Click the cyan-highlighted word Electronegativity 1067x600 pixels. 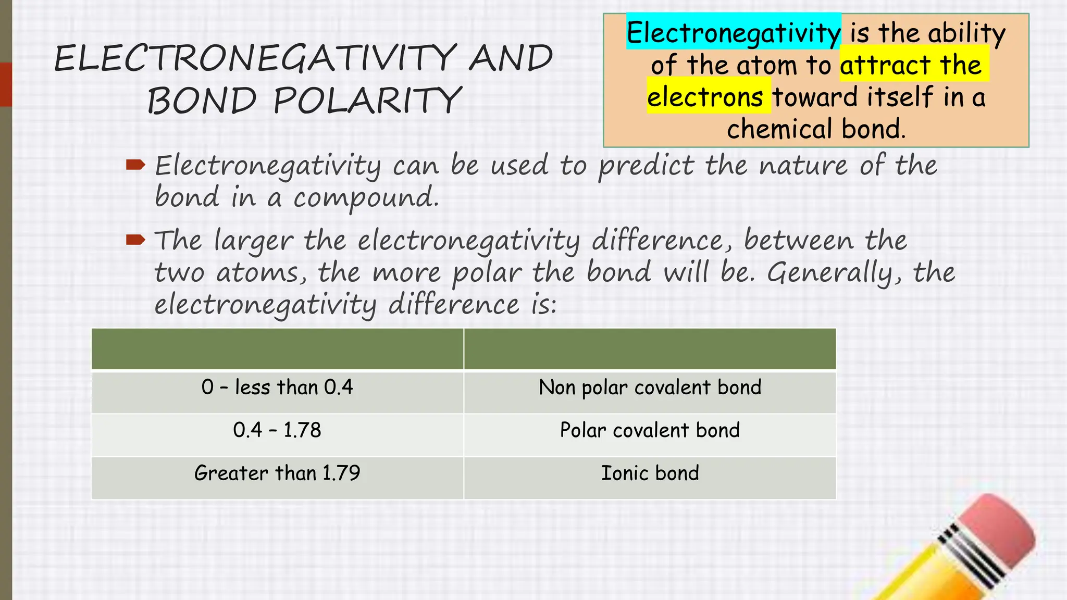point(733,33)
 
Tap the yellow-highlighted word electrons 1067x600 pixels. point(705,97)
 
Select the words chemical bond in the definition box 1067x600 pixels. point(816,129)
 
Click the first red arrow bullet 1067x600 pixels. point(135,166)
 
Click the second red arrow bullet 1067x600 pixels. point(135,240)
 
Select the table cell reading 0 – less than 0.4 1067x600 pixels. point(277,387)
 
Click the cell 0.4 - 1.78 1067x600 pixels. point(277,430)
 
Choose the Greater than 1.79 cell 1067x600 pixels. point(277,473)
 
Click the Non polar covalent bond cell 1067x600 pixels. point(650,387)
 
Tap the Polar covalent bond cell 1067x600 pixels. point(650,430)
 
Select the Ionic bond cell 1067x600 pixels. point(650,473)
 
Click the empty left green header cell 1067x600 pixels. point(277,348)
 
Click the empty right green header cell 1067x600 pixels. point(650,348)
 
